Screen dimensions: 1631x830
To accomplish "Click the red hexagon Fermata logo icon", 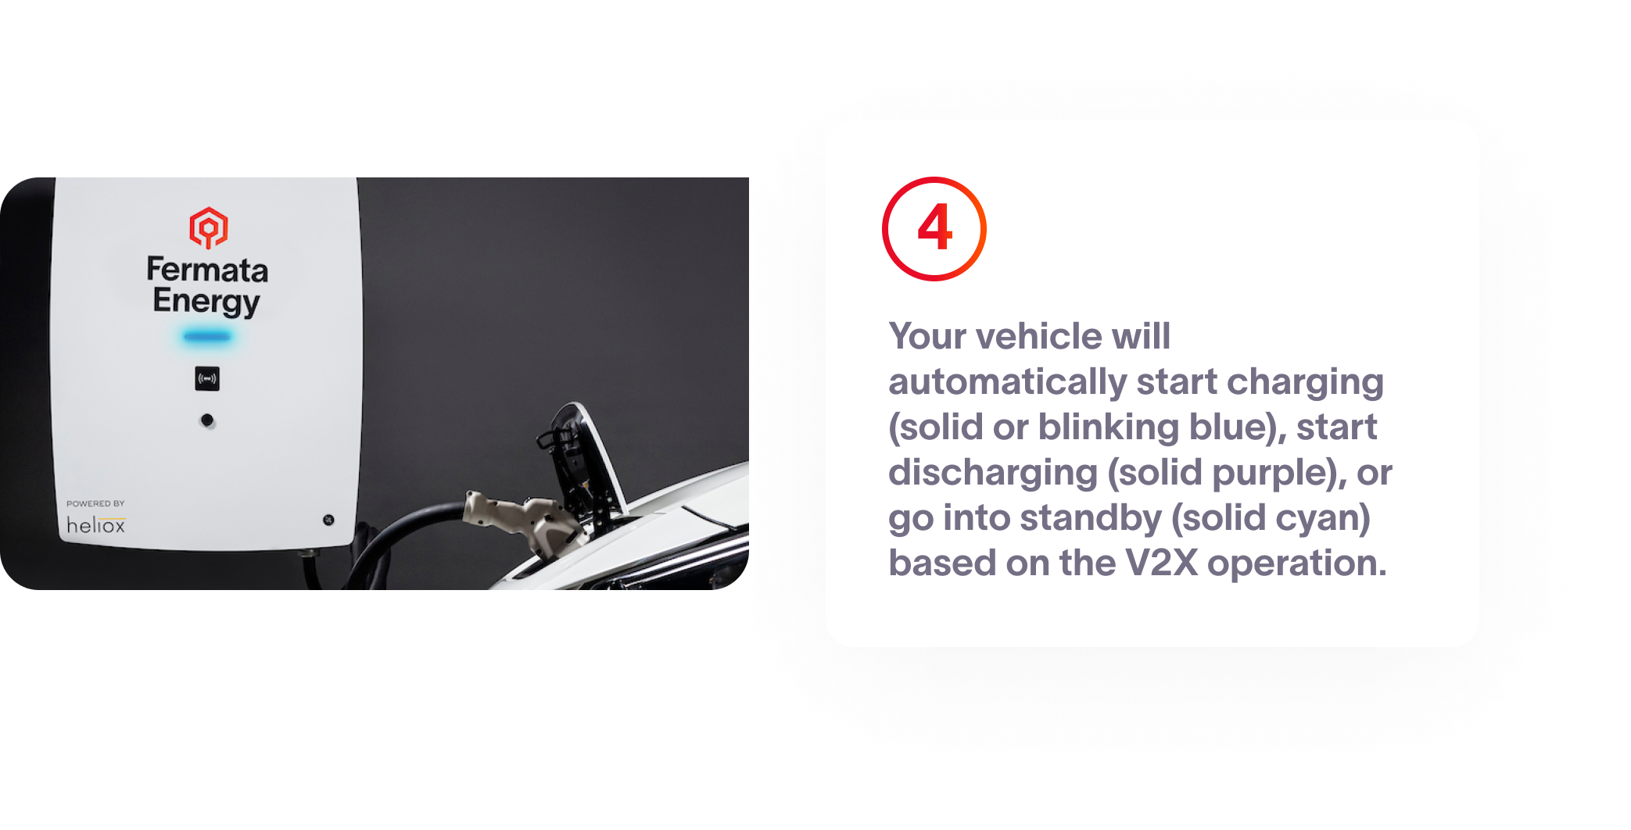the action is click(209, 227).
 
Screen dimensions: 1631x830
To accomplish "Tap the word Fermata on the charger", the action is click(207, 270).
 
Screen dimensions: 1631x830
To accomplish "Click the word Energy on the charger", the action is click(206, 302).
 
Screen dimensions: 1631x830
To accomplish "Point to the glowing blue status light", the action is click(207, 337).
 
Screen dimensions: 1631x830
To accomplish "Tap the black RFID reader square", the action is click(207, 379).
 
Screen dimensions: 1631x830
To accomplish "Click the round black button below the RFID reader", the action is click(207, 420).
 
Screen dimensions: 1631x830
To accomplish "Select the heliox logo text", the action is click(95, 525).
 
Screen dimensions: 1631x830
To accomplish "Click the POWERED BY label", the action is click(95, 503).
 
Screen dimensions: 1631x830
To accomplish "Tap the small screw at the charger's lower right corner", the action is click(328, 520).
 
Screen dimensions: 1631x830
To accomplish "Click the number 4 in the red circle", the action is click(935, 228).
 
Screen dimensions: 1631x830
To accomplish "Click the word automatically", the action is click(1007, 382).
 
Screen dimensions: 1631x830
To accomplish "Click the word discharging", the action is click(993, 473).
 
